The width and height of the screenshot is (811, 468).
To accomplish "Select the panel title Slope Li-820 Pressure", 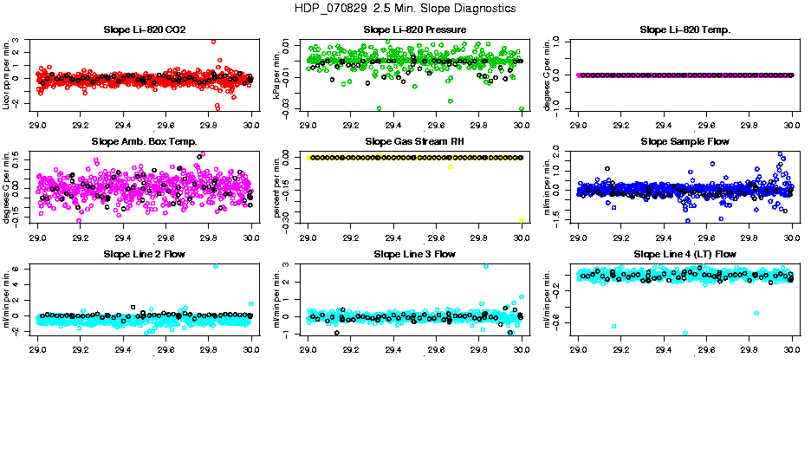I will click(414, 30).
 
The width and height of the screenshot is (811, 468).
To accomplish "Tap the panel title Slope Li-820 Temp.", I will click(684, 30).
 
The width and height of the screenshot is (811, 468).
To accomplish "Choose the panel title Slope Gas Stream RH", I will click(414, 142).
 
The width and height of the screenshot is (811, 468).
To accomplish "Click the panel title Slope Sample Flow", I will click(684, 142).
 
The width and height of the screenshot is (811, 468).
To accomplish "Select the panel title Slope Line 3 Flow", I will click(414, 254).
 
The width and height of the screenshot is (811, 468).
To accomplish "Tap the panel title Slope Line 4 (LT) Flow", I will click(684, 254).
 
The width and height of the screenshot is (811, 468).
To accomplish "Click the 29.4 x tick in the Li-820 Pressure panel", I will click(393, 124).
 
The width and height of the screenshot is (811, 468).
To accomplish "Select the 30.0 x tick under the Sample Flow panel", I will click(792, 236).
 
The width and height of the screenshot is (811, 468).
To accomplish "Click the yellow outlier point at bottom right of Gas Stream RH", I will click(522, 221).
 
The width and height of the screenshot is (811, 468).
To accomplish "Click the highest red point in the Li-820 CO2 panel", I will click(213, 41).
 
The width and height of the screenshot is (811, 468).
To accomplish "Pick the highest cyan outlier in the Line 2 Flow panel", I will click(215, 266).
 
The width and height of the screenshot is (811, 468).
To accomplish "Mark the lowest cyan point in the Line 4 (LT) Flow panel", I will click(684, 333).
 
